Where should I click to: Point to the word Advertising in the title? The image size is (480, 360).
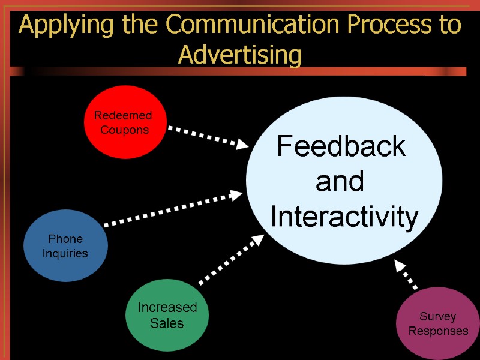[x=240, y=56]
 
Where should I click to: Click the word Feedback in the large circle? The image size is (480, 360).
[x=341, y=146]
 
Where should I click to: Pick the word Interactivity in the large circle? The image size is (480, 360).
[x=344, y=217]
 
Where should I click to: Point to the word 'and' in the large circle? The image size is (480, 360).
[x=340, y=182]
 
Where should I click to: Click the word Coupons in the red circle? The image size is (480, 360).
[x=124, y=130]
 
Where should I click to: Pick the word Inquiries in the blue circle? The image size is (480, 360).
[x=65, y=253]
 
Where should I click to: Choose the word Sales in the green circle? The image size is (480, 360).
[x=167, y=323]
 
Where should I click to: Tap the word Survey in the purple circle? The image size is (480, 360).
[x=438, y=316]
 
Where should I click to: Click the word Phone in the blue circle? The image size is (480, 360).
[x=65, y=239]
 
